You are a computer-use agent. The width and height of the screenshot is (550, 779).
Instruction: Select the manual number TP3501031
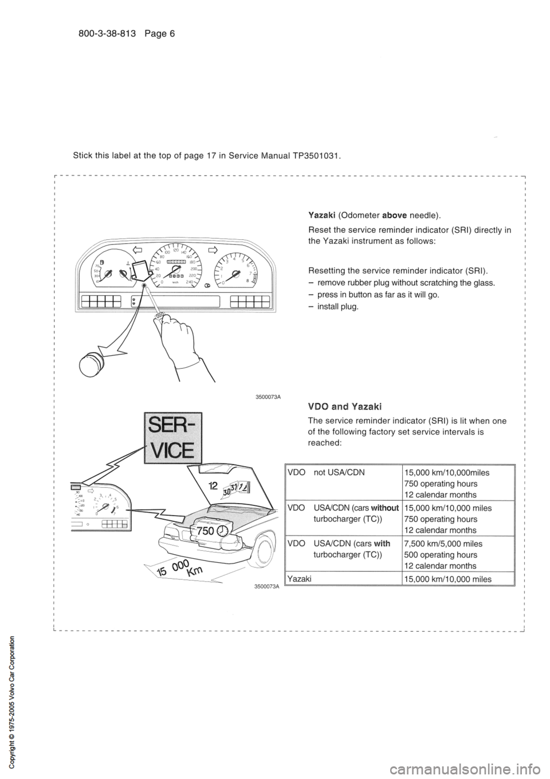pyautogui.click(x=315, y=155)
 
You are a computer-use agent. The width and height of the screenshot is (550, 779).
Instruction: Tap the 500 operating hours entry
pyautogui.click(x=441, y=555)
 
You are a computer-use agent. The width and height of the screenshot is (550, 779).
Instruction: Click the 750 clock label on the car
pyautogui.click(x=210, y=531)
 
